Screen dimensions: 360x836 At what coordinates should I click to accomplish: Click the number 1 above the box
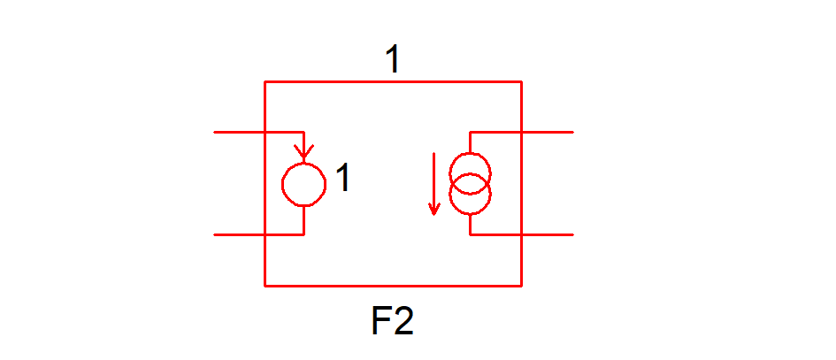[393, 60]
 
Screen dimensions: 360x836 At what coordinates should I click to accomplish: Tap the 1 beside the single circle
[343, 180]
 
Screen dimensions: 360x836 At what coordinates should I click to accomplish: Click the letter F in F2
[381, 322]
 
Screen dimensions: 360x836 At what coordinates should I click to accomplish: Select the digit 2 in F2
[403, 322]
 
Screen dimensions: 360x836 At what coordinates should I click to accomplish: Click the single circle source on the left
[303, 184]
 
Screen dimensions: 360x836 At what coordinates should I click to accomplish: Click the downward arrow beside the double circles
[433, 184]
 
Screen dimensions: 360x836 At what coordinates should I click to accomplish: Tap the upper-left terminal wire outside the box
[239, 133]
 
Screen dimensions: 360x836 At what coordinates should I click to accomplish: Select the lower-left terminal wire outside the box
[239, 235]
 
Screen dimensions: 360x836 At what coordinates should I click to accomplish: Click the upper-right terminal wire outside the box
[548, 133]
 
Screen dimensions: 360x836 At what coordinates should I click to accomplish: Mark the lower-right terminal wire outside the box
[548, 235]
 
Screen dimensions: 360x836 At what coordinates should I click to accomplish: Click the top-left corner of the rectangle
[265, 82]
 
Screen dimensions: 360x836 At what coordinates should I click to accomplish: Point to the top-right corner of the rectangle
[521, 82]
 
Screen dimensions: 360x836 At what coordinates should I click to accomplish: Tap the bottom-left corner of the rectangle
[265, 286]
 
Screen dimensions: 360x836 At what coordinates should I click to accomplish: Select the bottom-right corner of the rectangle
[521, 286]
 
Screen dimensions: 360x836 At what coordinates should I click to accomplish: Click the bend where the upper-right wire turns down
[470, 133]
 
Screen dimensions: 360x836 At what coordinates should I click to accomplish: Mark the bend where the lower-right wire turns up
[470, 235]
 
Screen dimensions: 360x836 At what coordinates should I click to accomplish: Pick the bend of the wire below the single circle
[304, 235]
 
